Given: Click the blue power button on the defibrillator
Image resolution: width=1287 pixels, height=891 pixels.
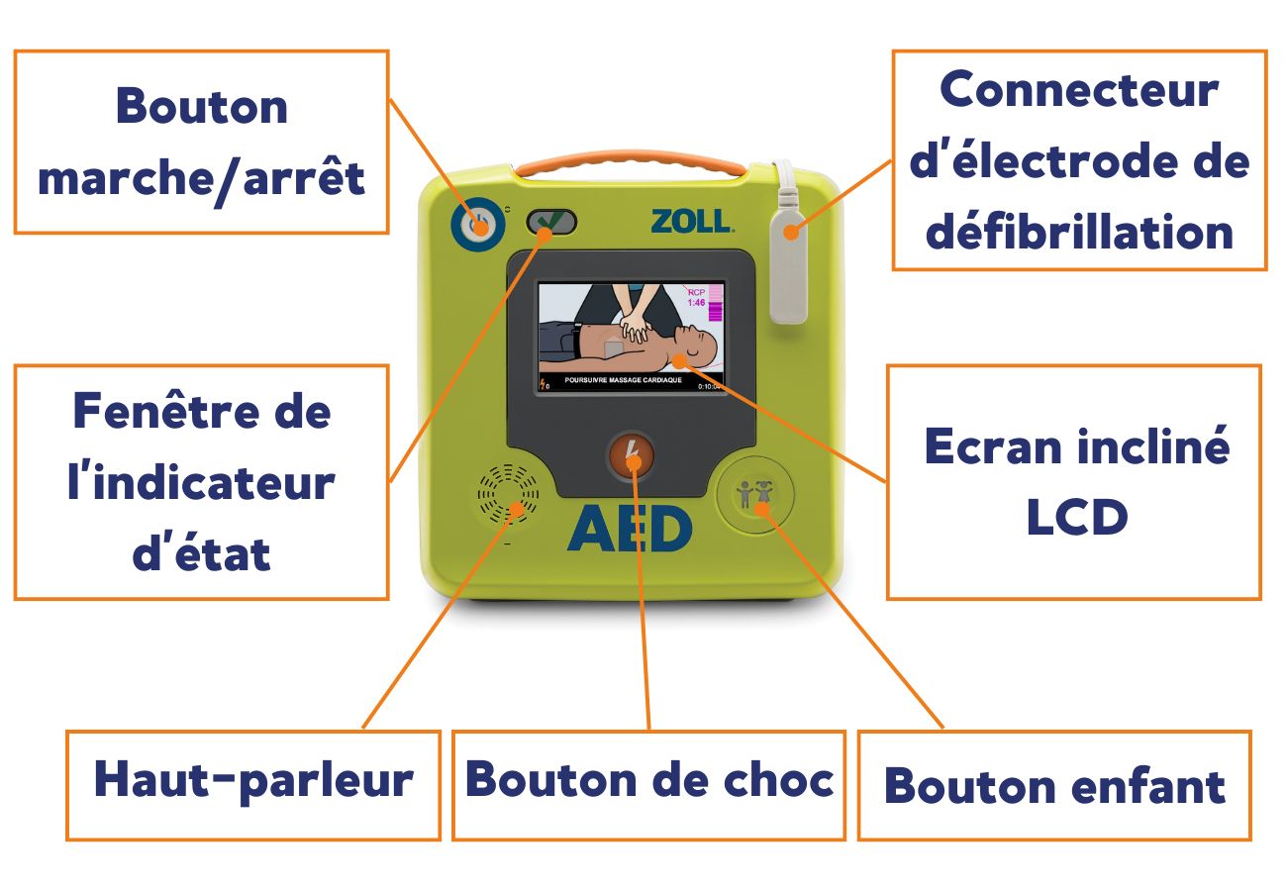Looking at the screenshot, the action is tap(478, 224).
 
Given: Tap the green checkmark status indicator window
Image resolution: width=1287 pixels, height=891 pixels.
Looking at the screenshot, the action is tap(551, 222).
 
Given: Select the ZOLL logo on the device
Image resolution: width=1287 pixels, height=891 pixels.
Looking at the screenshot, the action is tap(692, 221).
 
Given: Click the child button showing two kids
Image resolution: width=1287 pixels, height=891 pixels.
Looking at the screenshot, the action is tap(755, 494).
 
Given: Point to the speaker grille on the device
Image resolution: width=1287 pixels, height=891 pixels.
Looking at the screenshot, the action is tap(508, 494).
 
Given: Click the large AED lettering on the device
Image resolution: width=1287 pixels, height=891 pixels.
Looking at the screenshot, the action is tap(630, 529).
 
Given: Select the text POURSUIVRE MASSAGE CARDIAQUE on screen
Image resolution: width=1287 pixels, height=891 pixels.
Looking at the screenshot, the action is tap(623, 380).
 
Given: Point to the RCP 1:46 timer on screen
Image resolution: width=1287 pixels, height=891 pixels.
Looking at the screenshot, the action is tap(696, 298).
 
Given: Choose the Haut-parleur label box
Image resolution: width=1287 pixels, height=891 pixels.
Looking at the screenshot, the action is tap(253, 785).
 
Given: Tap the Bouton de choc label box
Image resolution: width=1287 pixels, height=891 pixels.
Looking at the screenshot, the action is tap(648, 785).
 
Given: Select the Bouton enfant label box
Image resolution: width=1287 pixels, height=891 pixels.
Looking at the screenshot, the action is tap(1054, 785).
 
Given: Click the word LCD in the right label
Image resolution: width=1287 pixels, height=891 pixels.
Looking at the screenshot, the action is tap(1077, 517).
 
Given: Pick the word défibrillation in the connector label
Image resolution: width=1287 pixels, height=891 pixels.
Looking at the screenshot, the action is tap(1079, 232).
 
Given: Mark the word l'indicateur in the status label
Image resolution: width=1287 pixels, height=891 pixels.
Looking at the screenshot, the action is tap(201, 482).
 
